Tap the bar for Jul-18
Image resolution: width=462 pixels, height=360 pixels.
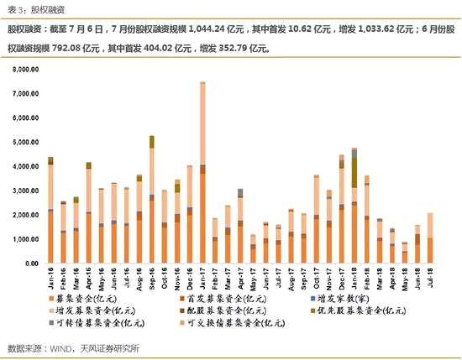(x=429, y=238)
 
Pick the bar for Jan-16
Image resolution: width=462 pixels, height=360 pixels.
(x=50, y=210)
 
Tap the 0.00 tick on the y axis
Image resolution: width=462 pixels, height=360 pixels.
(x=32, y=263)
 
